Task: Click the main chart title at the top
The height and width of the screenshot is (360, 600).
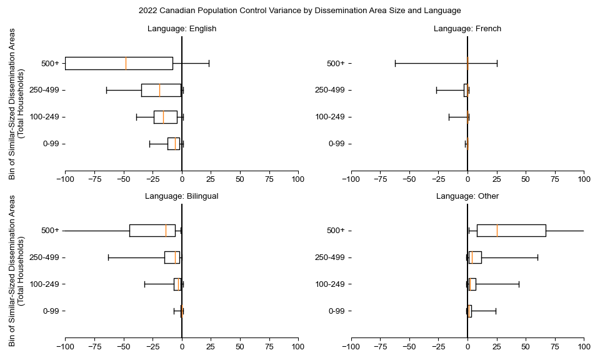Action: pyautogui.click(x=299, y=11)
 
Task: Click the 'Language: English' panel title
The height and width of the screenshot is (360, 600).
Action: pyautogui.click(x=182, y=29)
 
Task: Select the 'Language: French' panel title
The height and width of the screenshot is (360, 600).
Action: pyautogui.click(x=467, y=29)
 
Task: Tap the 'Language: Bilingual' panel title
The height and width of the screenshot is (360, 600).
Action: pyautogui.click(x=182, y=196)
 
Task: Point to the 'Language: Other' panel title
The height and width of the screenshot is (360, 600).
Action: pyautogui.click(x=467, y=196)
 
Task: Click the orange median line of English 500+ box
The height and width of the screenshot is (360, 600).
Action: pyautogui.click(x=126, y=63)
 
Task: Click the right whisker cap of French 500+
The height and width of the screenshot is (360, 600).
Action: pyautogui.click(x=497, y=63)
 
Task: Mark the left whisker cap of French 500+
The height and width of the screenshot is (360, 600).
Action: pyautogui.click(x=395, y=63)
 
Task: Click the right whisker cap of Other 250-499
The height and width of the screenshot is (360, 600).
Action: pyautogui.click(x=537, y=257)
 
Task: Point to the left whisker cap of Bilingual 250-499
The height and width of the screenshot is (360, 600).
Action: pyautogui.click(x=108, y=257)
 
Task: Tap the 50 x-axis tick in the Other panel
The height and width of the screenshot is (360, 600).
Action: pyautogui.click(x=526, y=346)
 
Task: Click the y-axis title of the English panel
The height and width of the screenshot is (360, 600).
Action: pyautogui.click(x=16, y=103)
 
